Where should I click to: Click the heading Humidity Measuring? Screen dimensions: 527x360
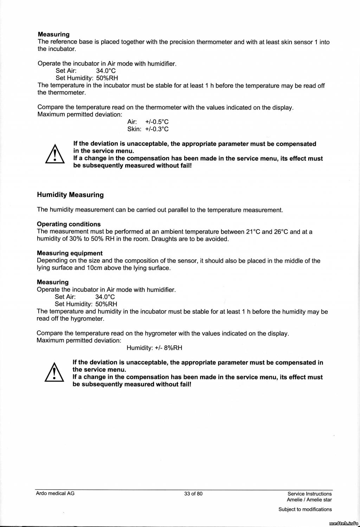pos(70,195)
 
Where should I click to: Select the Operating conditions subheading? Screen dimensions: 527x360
pos(69,224)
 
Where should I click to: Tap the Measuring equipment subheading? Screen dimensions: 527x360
pos(70,253)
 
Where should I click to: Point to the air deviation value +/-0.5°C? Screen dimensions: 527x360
pos(157,122)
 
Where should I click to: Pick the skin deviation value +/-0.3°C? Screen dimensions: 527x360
pos(157,129)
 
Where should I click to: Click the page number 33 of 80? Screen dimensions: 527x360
pos(193,493)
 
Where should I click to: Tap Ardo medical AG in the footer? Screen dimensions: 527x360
pos(55,493)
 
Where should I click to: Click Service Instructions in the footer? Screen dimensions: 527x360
pos(309,494)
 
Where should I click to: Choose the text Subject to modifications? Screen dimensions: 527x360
pos(305,509)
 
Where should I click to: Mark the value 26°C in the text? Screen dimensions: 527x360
pos(281,232)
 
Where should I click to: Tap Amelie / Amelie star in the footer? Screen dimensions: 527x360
pos(309,500)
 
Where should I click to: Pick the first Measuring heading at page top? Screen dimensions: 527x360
pos(53,34)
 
